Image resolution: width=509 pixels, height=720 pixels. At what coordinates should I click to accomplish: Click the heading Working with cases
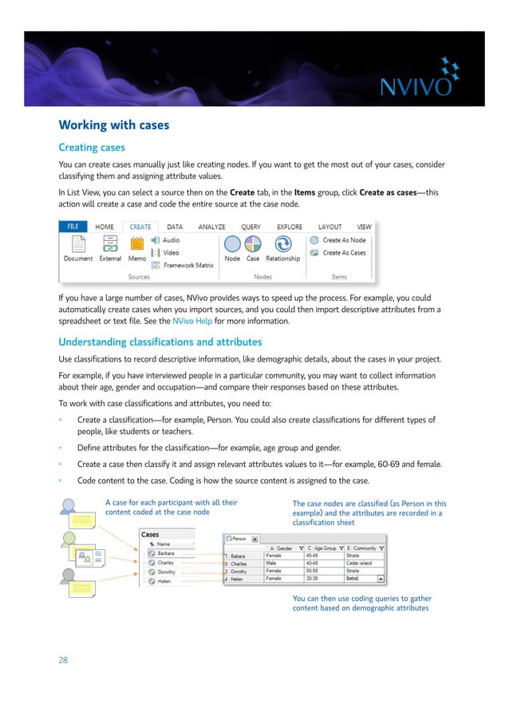point(114,125)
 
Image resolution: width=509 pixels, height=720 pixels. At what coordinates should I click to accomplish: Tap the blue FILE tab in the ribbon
point(73,227)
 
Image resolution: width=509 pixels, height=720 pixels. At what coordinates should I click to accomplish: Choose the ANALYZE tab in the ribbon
point(212,227)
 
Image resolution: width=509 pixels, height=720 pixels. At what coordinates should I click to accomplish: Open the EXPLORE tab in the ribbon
point(289,227)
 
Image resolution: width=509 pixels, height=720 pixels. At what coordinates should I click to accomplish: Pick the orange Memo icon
point(136,244)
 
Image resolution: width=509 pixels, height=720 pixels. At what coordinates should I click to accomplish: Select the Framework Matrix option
point(185,265)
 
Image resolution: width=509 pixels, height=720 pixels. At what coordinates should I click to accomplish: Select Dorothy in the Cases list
point(167,572)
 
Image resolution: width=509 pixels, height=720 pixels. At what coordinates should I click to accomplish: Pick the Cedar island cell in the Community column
point(363,563)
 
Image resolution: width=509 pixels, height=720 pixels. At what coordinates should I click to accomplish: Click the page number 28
point(64,660)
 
